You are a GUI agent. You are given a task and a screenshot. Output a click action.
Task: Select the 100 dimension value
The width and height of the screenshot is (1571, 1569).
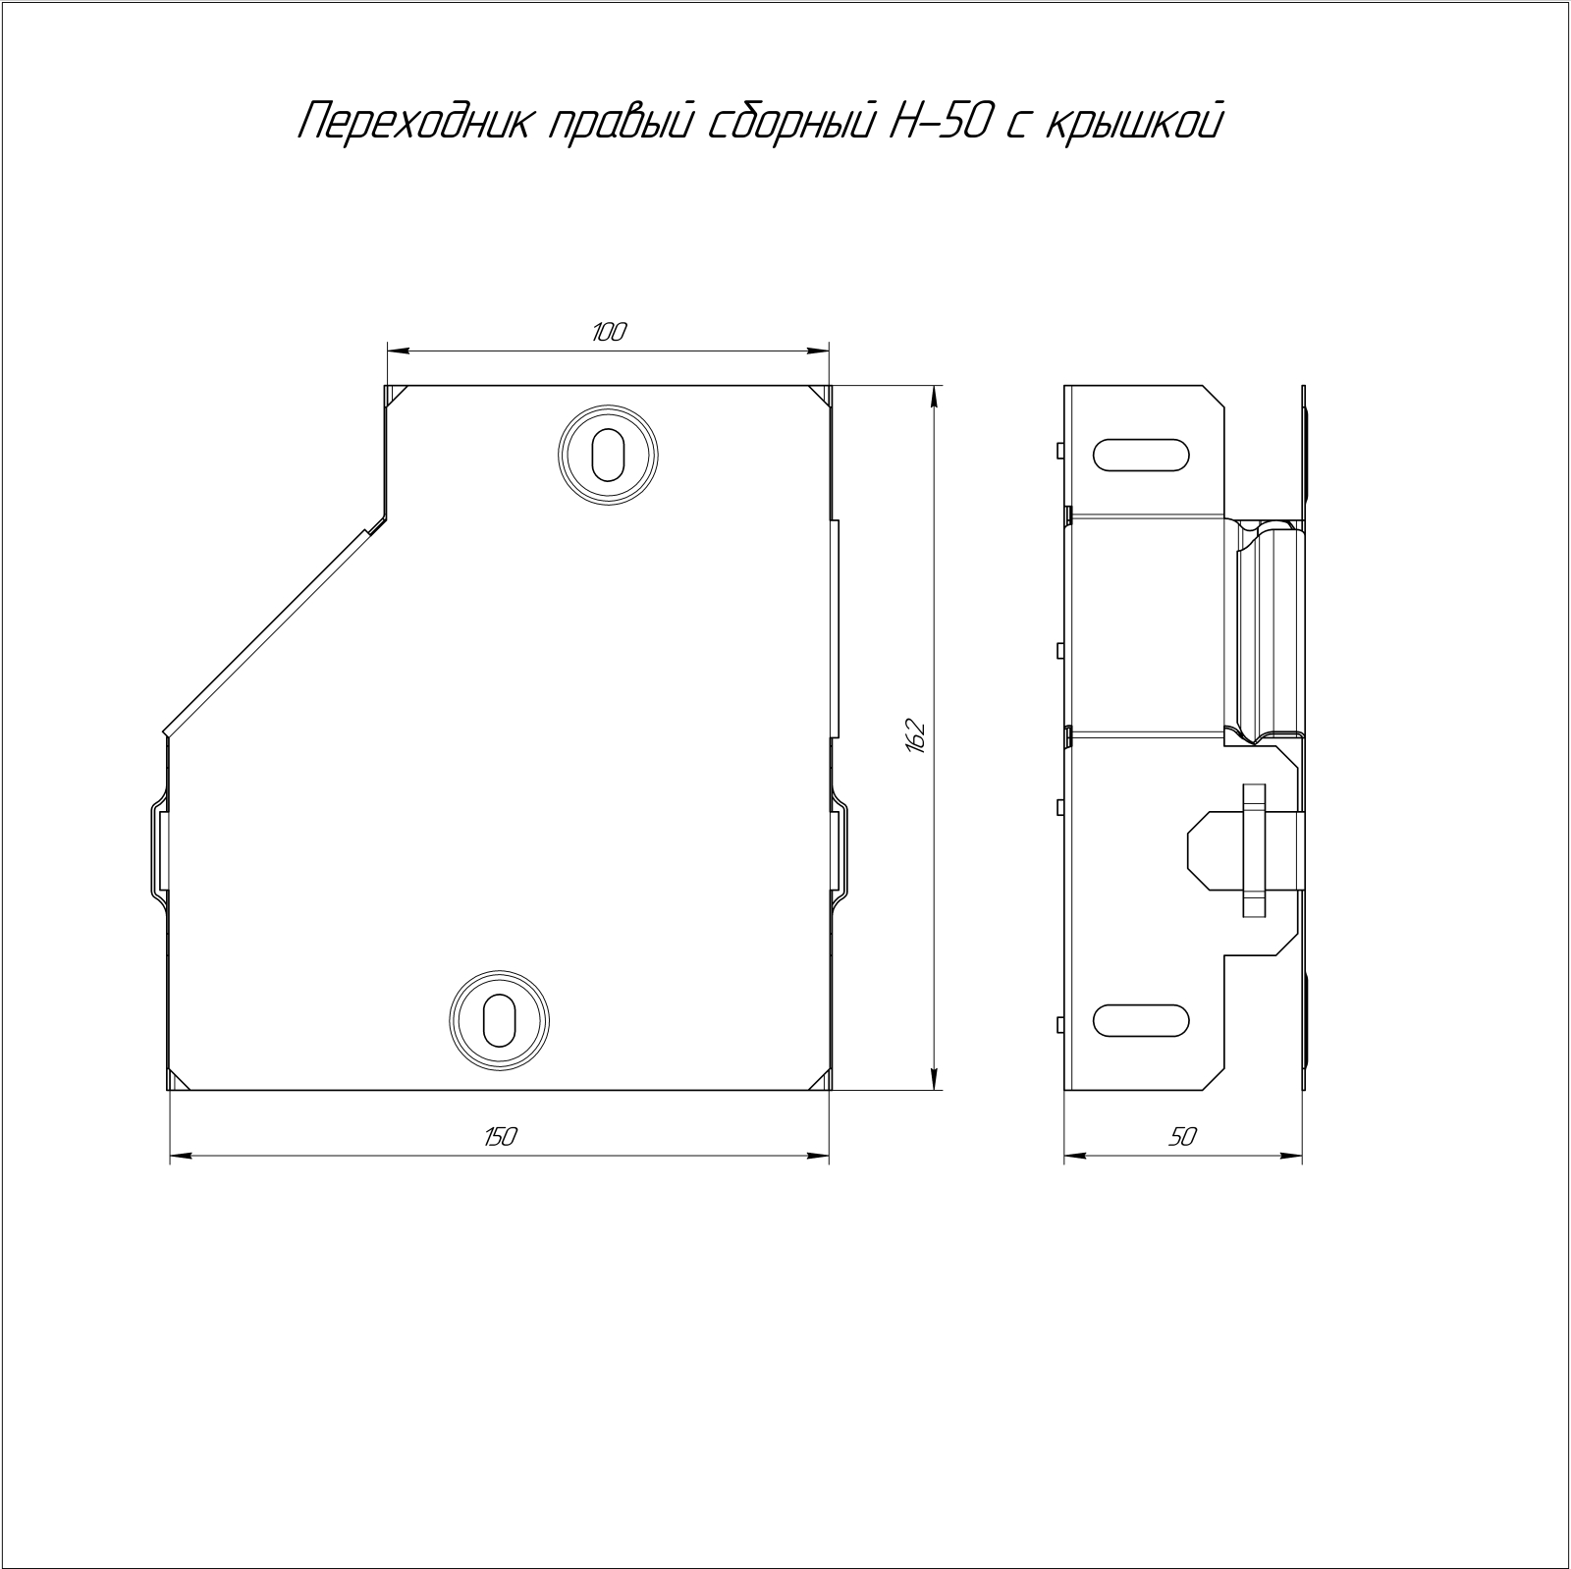click(609, 332)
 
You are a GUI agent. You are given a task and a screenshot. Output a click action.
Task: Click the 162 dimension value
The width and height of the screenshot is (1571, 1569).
click(915, 737)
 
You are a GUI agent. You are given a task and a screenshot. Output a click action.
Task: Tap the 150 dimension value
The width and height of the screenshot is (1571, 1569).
click(499, 1137)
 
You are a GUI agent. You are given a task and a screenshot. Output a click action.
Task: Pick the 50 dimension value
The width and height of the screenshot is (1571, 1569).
click(1183, 1137)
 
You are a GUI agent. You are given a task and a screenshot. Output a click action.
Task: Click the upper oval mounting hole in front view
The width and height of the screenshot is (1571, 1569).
click(608, 455)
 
